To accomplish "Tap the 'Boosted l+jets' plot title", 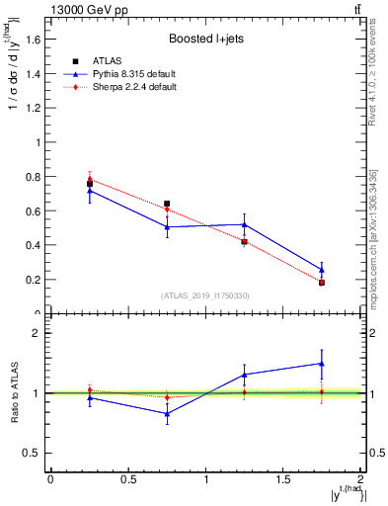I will click(206, 40).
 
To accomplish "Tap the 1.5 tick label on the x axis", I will click(284, 479).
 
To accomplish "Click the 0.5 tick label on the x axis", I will click(128, 479).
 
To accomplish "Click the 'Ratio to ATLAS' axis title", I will click(16, 392).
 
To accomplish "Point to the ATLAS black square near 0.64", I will click(167, 204).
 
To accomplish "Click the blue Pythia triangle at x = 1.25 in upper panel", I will click(245, 224).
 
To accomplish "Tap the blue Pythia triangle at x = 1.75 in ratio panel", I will click(323, 364).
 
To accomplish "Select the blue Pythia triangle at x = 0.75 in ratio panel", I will click(167, 414).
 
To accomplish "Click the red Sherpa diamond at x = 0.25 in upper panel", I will click(90, 179).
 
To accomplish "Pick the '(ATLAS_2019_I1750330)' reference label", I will click(206, 295).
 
